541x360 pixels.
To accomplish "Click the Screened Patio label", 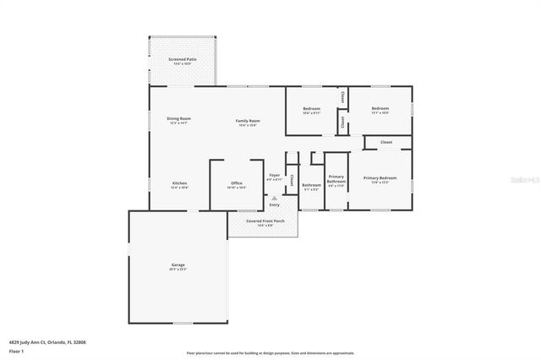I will point(183,61).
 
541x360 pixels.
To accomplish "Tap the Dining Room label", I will point(178,120).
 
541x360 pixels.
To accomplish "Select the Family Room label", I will point(248,123).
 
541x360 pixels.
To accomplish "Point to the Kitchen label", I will point(179,185).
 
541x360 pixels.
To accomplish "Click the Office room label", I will point(237,185).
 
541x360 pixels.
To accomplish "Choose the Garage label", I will point(178,266).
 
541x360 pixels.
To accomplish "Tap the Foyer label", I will point(274,177).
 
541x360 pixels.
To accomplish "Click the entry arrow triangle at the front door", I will point(274,198).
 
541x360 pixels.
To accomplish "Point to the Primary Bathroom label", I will point(336,181).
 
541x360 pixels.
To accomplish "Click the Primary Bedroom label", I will point(380,179).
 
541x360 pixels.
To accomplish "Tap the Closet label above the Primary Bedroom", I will point(385,142).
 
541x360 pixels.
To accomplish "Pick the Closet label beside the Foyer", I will point(292,180).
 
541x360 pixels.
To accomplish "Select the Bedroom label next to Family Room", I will point(311,110).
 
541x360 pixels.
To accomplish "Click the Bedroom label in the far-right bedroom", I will point(380,110).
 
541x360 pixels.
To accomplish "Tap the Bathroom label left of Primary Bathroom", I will point(311,186).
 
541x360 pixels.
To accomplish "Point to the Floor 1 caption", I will point(16,350).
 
